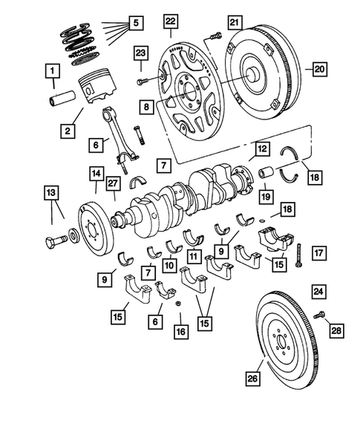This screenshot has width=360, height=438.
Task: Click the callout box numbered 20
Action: point(319,69)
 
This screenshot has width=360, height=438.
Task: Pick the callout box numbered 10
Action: point(170,265)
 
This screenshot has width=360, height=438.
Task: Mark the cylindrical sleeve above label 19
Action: point(266,176)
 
